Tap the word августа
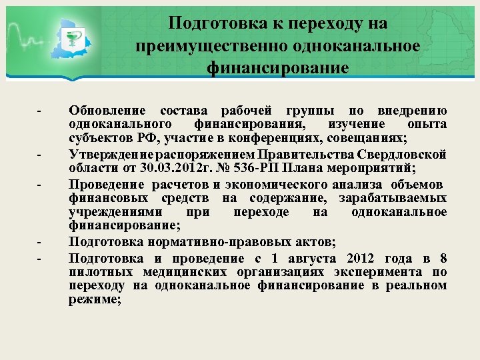310,259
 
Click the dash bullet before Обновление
40,111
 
